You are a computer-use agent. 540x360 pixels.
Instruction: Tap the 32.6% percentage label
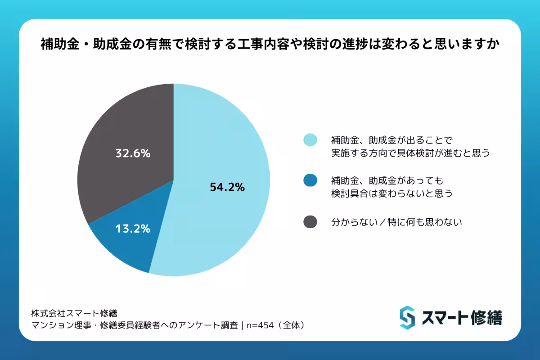pyautogui.click(x=132, y=153)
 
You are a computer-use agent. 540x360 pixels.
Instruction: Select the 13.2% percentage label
pyautogui.click(x=132, y=229)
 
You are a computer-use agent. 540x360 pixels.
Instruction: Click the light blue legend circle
pyautogui.click(x=310, y=140)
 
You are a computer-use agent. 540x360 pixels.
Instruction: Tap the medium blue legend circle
pyautogui.click(x=310, y=181)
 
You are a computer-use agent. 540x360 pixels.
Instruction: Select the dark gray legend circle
pyautogui.click(x=310, y=221)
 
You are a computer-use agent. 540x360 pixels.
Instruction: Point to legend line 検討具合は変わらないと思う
pyautogui.click(x=391, y=194)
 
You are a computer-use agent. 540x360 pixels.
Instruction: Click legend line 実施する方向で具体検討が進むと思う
pyautogui.click(x=410, y=153)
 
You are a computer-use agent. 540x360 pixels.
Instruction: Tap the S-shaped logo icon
pyautogui.click(x=407, y=317)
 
